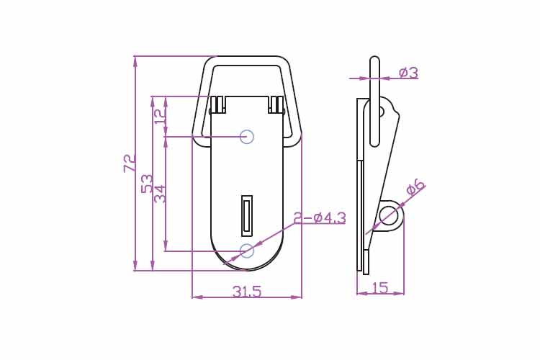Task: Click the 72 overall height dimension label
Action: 130,163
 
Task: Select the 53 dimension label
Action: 148,184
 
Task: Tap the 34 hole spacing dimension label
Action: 160,194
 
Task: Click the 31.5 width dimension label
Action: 247,292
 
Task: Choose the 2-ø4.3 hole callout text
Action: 320,218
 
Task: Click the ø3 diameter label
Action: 409,73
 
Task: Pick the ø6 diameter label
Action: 415,187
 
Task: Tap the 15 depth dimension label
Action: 380,288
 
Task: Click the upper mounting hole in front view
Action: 247,137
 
